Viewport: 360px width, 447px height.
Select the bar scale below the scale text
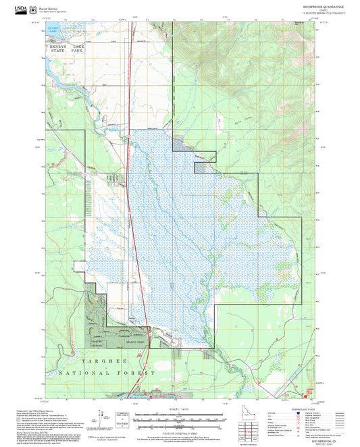click(180, 418)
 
